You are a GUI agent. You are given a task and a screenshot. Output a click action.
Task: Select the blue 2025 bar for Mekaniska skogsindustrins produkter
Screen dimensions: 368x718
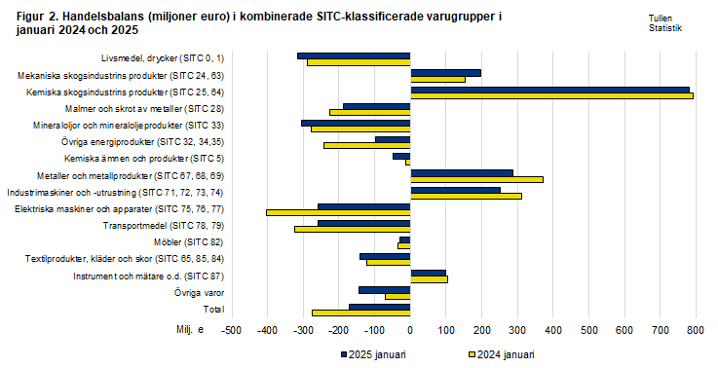[445, 72]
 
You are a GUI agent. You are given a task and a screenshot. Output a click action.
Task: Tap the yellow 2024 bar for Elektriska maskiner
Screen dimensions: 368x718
[338, 212]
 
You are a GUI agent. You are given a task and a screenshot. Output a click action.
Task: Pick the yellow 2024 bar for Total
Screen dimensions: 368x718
[360, 313]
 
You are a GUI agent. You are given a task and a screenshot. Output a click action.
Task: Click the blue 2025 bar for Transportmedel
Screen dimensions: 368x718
[363, 223]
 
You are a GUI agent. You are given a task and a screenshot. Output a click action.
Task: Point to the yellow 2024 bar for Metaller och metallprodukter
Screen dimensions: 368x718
[476, 179]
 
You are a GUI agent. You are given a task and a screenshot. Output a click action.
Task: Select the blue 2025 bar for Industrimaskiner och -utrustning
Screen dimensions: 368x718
[455, 189]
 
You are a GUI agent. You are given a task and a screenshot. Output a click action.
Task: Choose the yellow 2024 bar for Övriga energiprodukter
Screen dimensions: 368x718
[366, 145]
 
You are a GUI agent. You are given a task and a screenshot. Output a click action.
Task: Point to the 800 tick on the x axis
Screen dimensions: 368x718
[695, 331]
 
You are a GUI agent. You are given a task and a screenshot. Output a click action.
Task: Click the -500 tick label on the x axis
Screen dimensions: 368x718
[231, 331]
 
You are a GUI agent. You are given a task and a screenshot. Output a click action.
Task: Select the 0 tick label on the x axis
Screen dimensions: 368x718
[410, 331]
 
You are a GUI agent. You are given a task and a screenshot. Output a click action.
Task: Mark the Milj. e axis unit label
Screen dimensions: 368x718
[190, 331]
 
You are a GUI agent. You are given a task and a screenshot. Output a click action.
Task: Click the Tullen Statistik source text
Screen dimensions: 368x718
[664, 24]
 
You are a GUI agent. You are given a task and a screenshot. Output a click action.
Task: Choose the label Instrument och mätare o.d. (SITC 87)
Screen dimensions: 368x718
[149, 276]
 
